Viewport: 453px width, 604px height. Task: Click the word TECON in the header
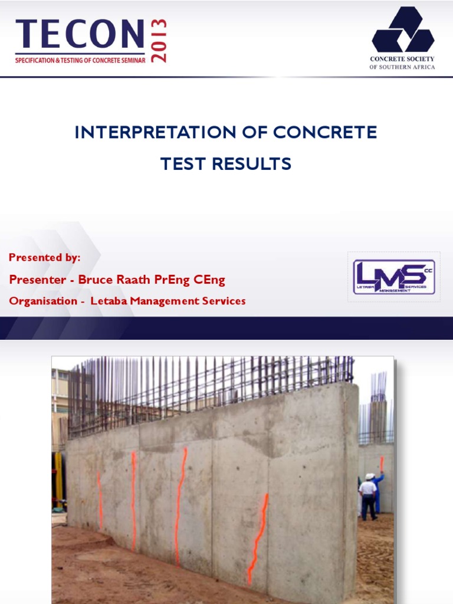pyautogui.click(x=80, y=35)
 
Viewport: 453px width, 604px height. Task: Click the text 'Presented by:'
pyautogui.click(x=45, y=258)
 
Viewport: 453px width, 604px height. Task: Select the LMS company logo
pyautogui.click(x=393, y=277)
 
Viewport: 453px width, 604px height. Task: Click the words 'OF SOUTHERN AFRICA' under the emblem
pyautogui.click(x=402, y=67)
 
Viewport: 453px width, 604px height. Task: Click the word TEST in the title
pyautogui.click(x=180, y=164)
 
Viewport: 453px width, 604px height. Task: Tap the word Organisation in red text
pyautogui.click(x=43, y=301)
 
